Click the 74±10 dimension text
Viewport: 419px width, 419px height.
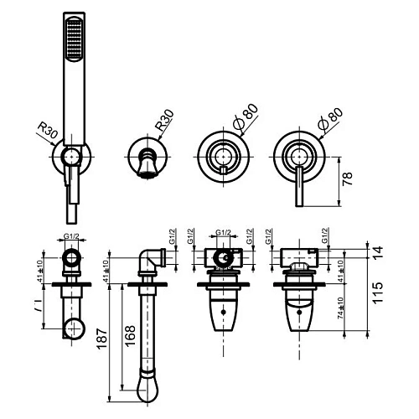click(339, 313)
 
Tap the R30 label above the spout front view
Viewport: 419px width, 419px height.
click(165, 122)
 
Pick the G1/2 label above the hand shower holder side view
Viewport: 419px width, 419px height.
click(72, 236)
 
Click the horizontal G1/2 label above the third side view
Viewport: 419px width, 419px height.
click(223, 235)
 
